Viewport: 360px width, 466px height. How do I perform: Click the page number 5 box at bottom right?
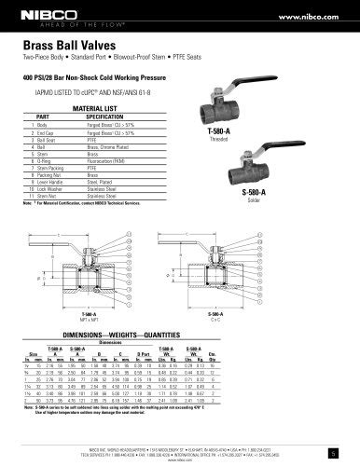click(x=346, y=454)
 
